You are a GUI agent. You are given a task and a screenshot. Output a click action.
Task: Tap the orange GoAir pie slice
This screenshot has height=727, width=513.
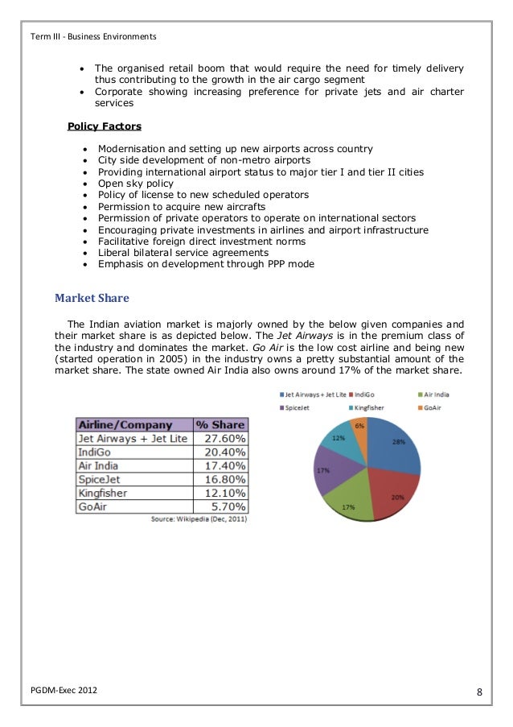point(359,436)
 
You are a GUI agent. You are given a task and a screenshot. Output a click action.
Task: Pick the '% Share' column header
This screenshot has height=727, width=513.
point(220,424)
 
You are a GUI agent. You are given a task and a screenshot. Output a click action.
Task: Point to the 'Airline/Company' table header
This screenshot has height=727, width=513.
point(125,424)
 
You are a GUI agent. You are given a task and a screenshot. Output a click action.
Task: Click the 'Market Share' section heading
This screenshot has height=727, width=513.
point(92,298)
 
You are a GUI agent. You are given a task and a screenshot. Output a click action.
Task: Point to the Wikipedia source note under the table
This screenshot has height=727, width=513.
point(199,519)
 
